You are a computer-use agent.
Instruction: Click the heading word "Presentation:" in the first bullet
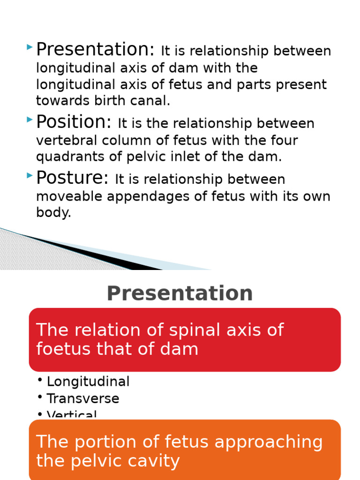point(95,50)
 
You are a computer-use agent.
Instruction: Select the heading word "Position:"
point(74,122)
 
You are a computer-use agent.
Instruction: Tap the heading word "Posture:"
point(72,178)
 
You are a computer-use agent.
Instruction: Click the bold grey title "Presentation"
point(180,293)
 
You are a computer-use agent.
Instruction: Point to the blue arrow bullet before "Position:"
point(30,120)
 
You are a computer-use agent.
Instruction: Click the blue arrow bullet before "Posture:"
point(30,176)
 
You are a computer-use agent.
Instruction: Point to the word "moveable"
point(69,196)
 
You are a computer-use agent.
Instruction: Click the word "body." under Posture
point(53,213)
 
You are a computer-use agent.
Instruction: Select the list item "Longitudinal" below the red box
point(88,382)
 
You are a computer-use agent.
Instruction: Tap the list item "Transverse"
point(83,399)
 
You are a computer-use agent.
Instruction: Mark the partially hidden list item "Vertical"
point(72,415)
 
